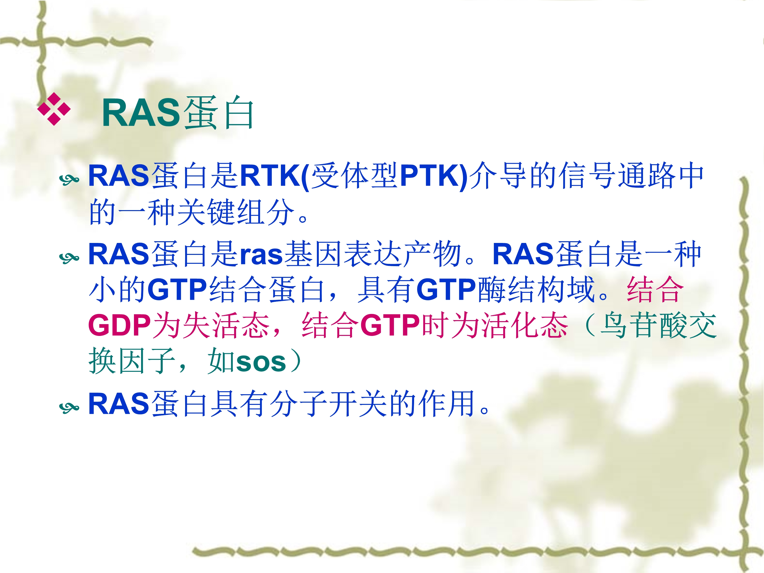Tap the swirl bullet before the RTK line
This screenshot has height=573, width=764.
tap(69, 179)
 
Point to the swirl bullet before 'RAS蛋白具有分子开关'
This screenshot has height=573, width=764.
tap(69, 407)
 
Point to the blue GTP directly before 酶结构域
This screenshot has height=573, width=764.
tap(447, 290)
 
